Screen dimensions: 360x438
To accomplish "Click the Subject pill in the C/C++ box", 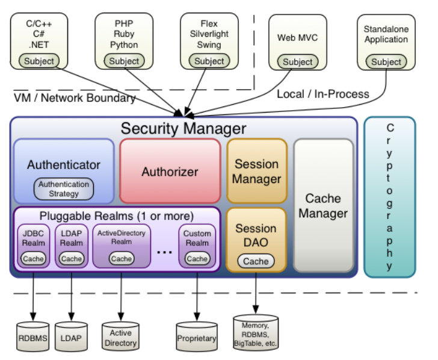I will coord(39,61).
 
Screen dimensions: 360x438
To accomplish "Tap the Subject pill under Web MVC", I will coord(298,62).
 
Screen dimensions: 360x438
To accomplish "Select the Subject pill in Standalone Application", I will coord(386,62).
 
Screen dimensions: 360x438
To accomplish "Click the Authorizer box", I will coord(170,172).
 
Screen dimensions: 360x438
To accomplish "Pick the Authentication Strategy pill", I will coord(64,189).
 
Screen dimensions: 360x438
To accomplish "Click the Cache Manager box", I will coord(323,205).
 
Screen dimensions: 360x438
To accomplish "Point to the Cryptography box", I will coord(390,197).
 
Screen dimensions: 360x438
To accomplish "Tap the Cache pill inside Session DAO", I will coord(256,261).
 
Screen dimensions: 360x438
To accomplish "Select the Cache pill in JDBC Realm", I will coord(33,258).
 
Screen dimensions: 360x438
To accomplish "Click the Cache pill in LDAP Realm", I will coord(72,258).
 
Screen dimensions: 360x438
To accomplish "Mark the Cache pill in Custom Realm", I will coord(197,258).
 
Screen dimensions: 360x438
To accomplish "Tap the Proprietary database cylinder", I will coord(197,338).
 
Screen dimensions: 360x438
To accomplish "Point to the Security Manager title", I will coord(183,128).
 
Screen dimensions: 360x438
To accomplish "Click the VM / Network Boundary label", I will coord(75,98).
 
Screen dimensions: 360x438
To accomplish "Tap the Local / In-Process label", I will coord(322,94).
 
